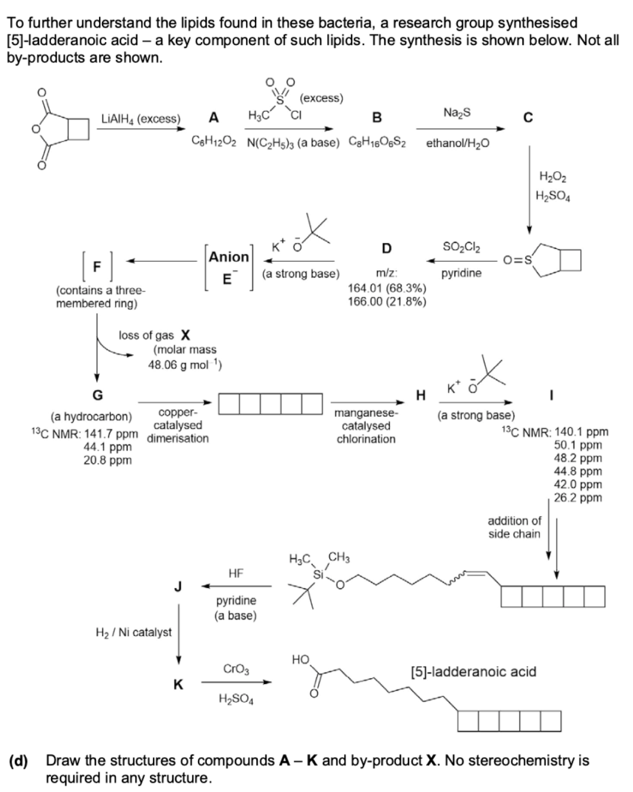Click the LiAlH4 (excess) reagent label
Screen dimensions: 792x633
141,119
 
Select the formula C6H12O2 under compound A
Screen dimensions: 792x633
214,142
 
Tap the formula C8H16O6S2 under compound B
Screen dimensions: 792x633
377,142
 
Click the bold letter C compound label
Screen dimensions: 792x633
528,118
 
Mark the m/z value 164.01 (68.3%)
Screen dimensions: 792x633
387,288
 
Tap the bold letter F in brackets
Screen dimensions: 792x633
97,266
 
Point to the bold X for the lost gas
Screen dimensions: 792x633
185,335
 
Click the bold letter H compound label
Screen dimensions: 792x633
420,396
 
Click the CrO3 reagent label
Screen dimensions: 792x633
236,669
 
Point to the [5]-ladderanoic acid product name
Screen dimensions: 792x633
474,672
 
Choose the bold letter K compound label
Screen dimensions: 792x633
178,684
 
